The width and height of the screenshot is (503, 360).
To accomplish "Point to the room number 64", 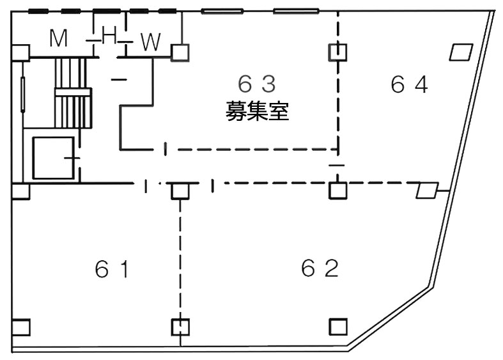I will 409,84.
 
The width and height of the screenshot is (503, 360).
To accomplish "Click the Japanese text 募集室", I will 258,113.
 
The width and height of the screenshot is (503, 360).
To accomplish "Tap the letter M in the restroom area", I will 59,40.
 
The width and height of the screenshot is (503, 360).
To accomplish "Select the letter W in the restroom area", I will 150,42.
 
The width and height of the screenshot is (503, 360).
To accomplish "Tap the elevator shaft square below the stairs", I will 53,157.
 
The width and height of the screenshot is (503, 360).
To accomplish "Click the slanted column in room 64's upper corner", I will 461,52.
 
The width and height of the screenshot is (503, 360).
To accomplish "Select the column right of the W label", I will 180,52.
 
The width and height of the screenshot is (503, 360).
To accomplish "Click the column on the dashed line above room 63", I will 337,51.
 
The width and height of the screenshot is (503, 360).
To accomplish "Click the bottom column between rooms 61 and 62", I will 181,327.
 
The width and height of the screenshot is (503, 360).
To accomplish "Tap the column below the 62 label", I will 337,327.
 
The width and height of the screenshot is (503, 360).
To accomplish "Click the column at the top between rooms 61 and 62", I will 180,191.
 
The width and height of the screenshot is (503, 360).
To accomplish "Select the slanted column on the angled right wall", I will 427,191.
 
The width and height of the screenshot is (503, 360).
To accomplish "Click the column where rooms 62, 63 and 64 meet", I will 337,191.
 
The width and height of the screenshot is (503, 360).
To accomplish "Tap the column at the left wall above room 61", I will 20,191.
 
